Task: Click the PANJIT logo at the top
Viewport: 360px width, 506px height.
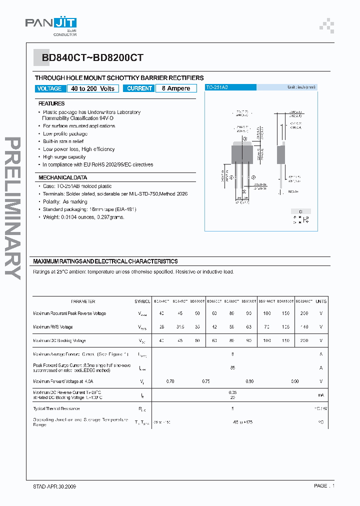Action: point(51,23)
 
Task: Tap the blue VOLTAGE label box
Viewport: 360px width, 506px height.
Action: point(49,88)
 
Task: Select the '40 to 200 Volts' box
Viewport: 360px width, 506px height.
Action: point(92,88)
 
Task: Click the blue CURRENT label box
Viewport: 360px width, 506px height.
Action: point(139,88)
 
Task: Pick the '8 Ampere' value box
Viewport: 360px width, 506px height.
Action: point(175,88)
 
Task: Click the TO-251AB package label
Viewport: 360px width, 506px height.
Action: point(218,87)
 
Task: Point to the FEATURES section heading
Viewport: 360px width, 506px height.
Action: point(51,103)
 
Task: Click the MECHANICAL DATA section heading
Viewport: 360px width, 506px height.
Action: point(63,177)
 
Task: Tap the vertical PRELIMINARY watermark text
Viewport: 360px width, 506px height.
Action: point(12,207)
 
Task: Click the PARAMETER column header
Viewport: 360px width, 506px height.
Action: point(83,301)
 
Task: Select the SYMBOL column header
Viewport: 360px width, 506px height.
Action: point(142,301)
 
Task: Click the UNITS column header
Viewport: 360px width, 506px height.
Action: point(321,301)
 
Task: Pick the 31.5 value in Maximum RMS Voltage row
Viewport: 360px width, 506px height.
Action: point(180,327)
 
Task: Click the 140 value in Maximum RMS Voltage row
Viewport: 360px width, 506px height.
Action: point(304,327)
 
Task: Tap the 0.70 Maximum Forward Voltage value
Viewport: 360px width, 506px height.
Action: point(170,381)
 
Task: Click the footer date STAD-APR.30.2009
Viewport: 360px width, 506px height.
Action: point(55,486)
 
